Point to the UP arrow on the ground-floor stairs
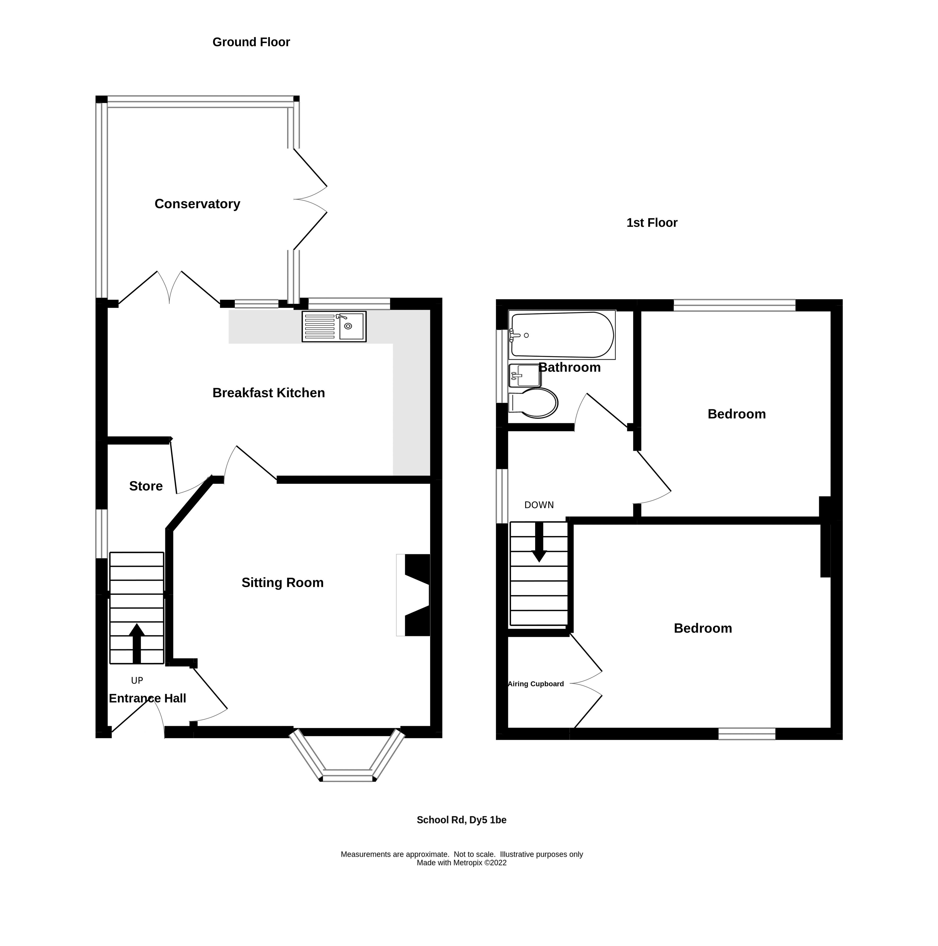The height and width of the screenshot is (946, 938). click(x=137, y=643)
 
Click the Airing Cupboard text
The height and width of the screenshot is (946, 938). click(x=536, y=684)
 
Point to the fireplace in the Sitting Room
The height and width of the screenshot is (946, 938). click(x=416, y=595)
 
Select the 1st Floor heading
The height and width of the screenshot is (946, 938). click(x=652, y=223)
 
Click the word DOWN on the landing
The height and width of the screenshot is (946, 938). click(x=539, y=505)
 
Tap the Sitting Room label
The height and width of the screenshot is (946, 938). click(x=282, y=583)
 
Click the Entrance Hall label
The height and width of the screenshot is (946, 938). click(x=147, y=698)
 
